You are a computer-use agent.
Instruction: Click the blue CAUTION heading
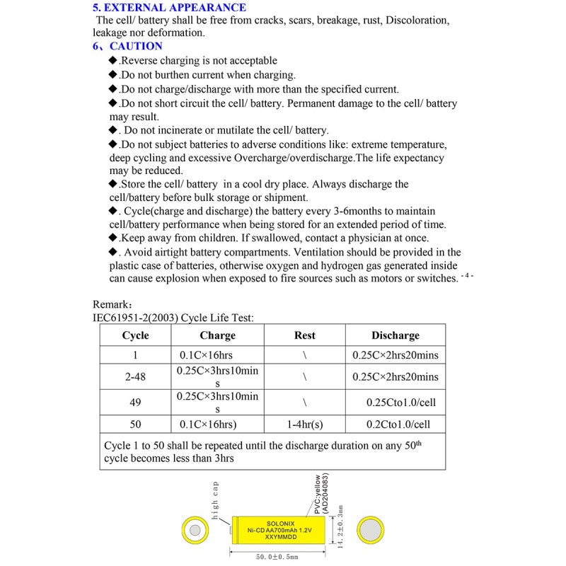coord(136,46)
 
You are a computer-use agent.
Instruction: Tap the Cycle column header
coord(136,335)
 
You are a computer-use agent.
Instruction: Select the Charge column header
coord(217,335)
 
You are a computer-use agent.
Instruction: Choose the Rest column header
coord(304,335)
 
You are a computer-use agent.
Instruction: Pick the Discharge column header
coord(395,335)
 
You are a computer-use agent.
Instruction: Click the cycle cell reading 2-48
coord(135,377)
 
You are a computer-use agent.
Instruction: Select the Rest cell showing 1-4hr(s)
coord(304,424)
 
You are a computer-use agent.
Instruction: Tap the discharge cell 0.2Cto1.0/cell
coord(395,424)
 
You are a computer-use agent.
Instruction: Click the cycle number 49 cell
coord(136,402)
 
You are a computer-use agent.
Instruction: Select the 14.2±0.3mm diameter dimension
coord(340,527)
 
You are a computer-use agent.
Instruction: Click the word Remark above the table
coord(111,304)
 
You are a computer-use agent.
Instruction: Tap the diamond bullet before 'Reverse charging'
coord(113,61)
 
